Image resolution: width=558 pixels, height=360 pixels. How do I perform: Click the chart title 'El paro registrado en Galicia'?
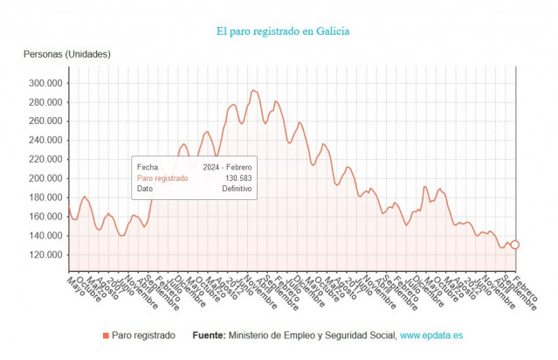click(283, 31)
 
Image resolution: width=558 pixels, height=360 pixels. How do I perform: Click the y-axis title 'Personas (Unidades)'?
click(66, 55)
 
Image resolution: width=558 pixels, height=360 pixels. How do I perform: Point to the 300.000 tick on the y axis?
click(45, 83)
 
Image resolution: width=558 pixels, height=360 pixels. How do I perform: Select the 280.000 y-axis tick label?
click(45, 102)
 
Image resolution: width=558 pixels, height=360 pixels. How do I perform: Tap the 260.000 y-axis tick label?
click(45, 121)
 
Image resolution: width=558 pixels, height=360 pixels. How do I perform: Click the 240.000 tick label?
click(45, 141)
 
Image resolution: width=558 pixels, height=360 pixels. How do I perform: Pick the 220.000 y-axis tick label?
click(45, 160)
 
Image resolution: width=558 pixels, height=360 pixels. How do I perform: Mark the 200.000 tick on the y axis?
click(45, 178)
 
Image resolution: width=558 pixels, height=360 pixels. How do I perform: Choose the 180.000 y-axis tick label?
click(45, 197)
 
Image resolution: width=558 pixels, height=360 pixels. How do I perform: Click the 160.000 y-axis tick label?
click(45, 217)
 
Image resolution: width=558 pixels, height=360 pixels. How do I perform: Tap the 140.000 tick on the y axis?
click(45, 236)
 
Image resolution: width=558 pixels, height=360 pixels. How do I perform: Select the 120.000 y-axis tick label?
click(45, 255)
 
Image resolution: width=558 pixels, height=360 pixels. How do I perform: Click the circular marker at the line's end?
click(515, 245)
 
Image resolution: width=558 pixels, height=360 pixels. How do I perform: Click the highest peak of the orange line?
click(253, 90)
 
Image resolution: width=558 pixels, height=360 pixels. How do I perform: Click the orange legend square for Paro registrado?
click(106, 336)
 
